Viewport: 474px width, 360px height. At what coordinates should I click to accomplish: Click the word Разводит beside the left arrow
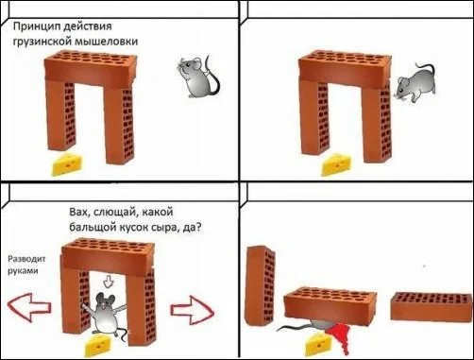(26, 259)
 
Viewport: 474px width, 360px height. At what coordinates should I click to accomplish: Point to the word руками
(23, 271)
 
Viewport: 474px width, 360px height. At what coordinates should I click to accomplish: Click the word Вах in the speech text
(76, 212)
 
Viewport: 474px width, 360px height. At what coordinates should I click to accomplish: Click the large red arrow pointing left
(29, 307)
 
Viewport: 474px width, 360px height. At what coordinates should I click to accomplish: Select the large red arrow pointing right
(193, 310)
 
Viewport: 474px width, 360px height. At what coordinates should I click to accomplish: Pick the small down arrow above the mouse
(109, 281)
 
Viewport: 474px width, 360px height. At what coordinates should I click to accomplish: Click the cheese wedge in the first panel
(67, 164)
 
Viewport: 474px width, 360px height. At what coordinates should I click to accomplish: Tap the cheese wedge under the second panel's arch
(336, 164)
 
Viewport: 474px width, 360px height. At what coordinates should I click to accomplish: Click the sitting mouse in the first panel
(198, 77)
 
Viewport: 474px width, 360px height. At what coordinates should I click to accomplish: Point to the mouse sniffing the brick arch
(415, 83)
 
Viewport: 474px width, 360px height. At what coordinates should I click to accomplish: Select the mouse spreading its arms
(106, 314)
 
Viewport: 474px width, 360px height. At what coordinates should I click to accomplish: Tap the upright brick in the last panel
(261, 285)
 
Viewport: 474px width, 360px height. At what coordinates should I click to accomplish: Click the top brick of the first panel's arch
(91, 68)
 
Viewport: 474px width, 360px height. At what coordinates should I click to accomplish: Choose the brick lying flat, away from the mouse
(432, 306)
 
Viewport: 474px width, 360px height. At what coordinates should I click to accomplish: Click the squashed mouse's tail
(293, 328)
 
